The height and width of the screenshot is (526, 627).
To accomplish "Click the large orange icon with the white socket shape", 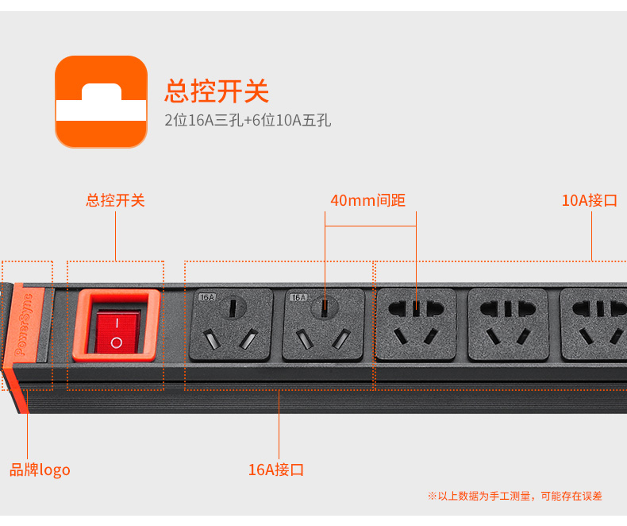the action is [101, 102].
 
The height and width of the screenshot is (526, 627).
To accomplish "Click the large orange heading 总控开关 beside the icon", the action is [217, 91].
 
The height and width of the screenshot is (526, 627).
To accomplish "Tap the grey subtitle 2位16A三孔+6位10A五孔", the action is [248, 120].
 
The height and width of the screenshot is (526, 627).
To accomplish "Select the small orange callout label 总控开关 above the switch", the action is [116, 200].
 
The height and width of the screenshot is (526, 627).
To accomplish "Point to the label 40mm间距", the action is [368, 200].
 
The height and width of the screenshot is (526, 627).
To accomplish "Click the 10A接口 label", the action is [590, 200].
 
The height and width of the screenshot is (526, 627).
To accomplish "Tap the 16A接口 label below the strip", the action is [276, 470].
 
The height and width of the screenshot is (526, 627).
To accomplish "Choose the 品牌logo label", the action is [40, 470].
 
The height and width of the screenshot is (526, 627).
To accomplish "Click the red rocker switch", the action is [117, 332].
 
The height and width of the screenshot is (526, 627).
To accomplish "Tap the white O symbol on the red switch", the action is [117, 342].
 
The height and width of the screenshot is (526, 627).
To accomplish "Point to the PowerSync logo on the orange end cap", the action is [24, 325].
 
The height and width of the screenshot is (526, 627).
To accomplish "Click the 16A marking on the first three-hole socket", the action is [207, 297].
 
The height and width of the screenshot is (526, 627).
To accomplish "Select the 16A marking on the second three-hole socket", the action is [298, 297].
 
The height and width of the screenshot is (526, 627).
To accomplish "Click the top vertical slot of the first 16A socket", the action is [233, 307].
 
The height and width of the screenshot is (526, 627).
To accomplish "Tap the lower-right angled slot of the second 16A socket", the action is [342, 338].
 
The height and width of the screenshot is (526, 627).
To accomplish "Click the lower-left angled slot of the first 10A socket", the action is [401, 336].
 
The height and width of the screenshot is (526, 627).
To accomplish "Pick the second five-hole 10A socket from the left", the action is [508, 325].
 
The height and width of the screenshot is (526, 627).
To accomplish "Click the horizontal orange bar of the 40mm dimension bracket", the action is [371, 226].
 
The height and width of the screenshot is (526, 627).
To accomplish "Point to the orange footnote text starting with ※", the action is [514, 496].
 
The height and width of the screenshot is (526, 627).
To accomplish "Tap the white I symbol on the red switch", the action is [117, 323].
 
